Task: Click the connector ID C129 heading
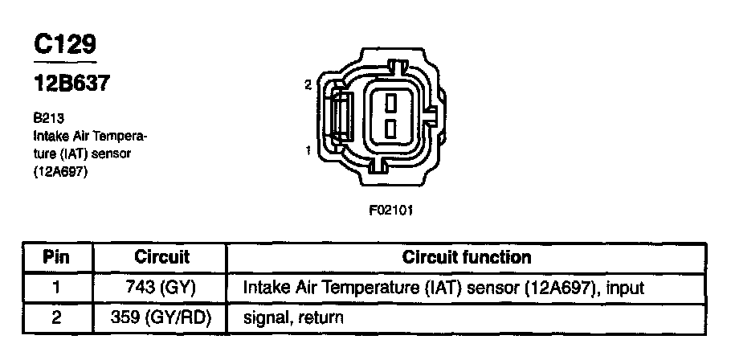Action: click(65, 45)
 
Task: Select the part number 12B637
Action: click(71, 83)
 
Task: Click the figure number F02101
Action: click(390, 211)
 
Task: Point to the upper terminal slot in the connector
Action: click(389, 102)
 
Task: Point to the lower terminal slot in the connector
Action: click(389, 129)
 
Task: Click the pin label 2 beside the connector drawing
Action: click(308, 84)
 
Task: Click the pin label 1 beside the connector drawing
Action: click(308, 149)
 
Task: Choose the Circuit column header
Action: click(161, 258)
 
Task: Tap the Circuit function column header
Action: click(466, 258)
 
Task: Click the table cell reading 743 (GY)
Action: click(161, 287)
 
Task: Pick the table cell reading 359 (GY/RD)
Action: click(161, 317)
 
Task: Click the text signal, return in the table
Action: click(292, 317)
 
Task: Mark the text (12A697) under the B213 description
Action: click(60, 171)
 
